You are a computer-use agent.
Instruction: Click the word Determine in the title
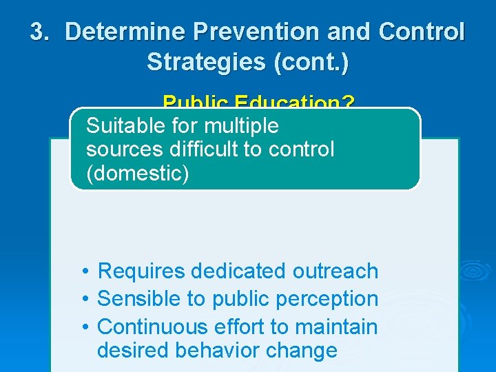[125, 32]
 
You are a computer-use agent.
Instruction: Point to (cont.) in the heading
[311, 62]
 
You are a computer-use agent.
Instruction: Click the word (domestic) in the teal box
[137, 173]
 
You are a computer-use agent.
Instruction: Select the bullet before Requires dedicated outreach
[82, 271]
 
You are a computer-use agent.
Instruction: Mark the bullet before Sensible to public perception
[82, 299]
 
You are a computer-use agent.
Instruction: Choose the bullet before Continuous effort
[82, 327]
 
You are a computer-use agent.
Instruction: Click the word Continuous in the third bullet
[152, 327]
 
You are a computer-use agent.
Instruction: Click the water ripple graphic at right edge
[476, 271]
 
